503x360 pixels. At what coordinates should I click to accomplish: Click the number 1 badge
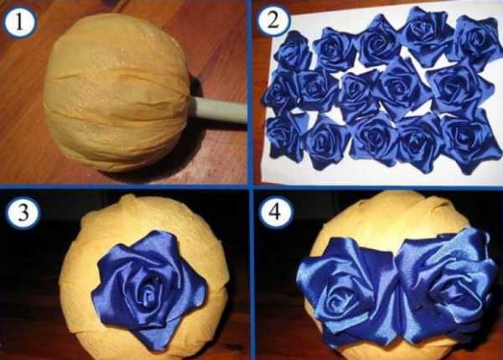(19, 23)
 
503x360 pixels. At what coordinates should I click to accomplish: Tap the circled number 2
(273, 20)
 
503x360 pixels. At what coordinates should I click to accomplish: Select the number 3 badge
(23, 212)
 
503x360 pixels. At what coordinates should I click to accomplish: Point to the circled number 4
(276, 212)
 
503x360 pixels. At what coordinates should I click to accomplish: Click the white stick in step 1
(219, 110)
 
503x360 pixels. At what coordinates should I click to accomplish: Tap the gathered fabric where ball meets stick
(189, 97)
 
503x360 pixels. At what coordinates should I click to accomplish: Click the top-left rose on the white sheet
(293, 50)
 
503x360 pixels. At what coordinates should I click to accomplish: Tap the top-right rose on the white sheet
(475, 42)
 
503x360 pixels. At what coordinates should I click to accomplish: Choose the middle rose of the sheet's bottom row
(374, 139)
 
